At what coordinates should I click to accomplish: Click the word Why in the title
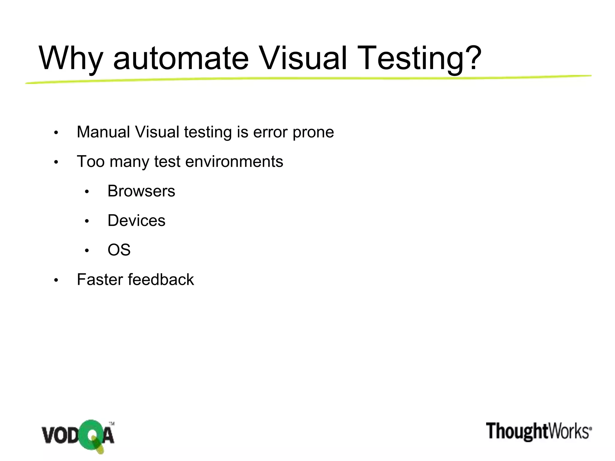[71, 59]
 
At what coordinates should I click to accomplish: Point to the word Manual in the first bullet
[103, 132]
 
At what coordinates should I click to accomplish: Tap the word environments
[234, 161]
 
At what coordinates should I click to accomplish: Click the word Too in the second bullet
[90, 161]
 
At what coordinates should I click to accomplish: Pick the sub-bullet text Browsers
[141, 191]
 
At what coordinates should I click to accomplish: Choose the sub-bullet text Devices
[136, 221]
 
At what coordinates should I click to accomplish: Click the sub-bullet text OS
[119, 250]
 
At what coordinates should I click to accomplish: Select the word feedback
[161, 280]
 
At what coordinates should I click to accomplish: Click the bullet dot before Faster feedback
[56, 281]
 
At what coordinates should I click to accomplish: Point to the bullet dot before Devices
[87, 221]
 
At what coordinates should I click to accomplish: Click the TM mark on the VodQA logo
[111, 424]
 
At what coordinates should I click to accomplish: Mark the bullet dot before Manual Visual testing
[56, 133]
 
